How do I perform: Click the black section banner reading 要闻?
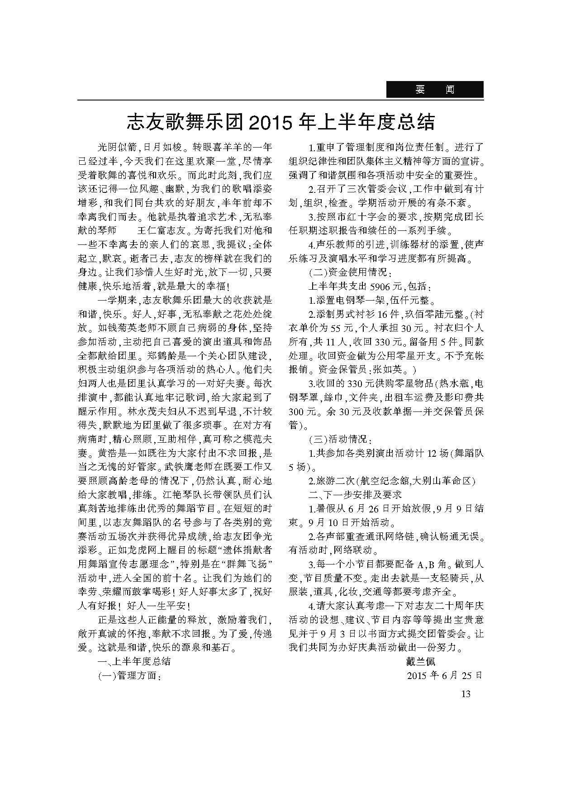coord(434,90)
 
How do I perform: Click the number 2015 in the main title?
coord(271,122)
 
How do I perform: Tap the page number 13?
coord(466,694)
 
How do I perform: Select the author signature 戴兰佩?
coord(421,661)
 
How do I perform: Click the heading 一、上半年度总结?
coord(134,661)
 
